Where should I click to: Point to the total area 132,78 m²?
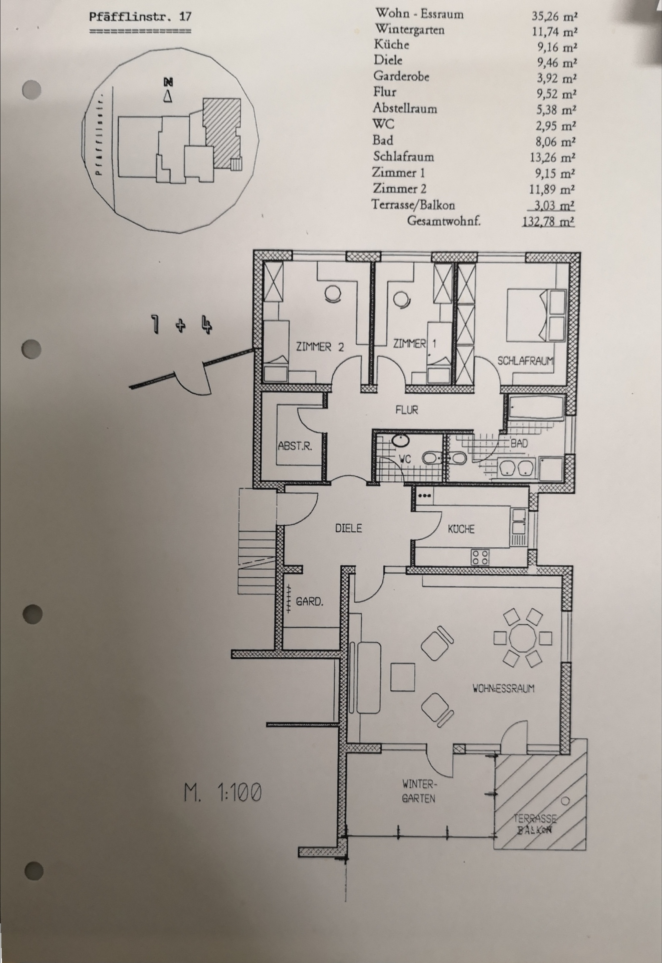(x=548, y=221)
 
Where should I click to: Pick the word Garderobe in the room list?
(x=401, y=76)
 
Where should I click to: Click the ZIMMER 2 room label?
(x=320, y=347)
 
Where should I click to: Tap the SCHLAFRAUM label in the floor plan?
(x=525, y=361)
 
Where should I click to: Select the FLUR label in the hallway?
(x=407, y=410)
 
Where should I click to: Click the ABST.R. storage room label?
(x=295, y=446)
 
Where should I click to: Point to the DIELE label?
(x=349, y=528)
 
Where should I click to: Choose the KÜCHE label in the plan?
(x=461, y=529)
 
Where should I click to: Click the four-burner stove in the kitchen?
(x=480, y=557)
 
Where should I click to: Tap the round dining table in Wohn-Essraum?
(x=523, y=638)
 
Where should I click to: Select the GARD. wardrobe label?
(x=309, y=601)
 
